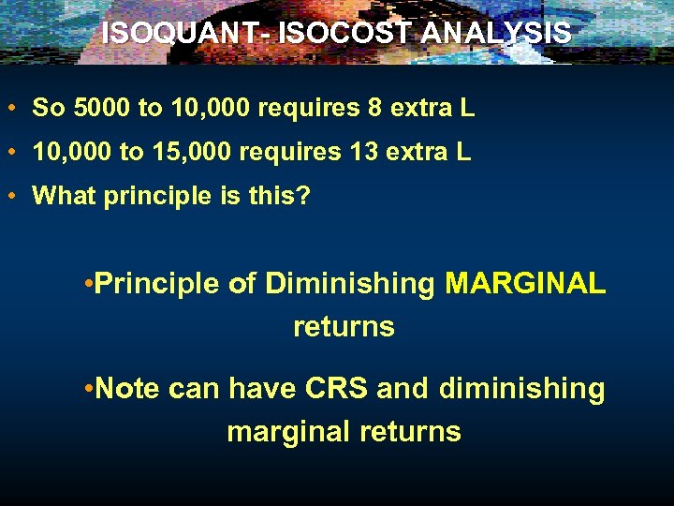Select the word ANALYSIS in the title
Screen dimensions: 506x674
coord(496,33)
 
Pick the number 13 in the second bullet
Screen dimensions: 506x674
coord(367,152)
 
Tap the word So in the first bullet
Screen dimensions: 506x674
coord(47,108)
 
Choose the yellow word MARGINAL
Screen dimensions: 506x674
coord(525,283)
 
